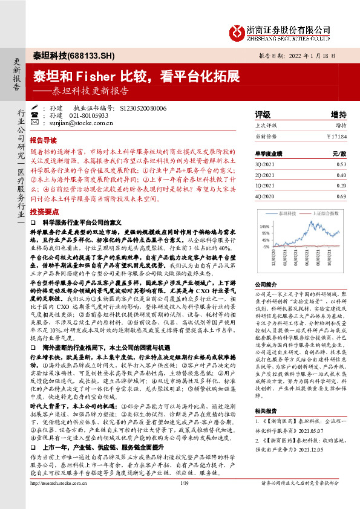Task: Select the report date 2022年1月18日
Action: coord(318,56)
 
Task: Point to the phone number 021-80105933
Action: coord(88,115)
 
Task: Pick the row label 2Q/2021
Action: coord(265,175)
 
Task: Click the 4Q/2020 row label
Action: coord(265,197)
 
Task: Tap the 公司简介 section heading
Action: coord(265,283)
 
